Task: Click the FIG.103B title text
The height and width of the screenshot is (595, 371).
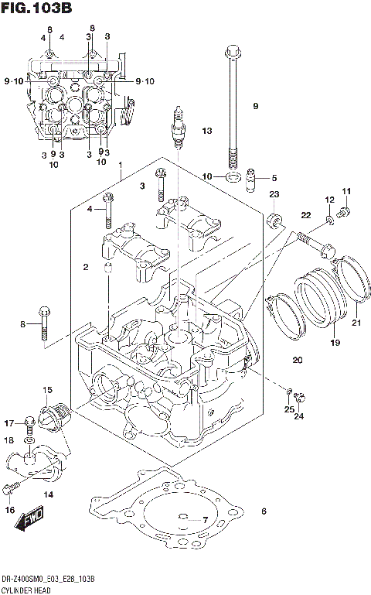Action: click(x=36, y=9)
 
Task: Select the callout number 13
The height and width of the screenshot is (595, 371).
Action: click(x=206, y=131)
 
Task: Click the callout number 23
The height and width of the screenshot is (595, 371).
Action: click(x=274, y=194)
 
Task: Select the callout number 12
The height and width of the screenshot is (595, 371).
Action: click(x=329, y=200)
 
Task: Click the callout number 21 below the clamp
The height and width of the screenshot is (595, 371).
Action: click(x=356, y=323)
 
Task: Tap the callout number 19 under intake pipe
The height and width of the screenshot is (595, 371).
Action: click(x=335, y=341)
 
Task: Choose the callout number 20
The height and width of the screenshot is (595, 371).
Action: click(x=297, y=360)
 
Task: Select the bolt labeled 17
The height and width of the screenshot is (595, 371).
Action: click(x=29, y=422)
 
